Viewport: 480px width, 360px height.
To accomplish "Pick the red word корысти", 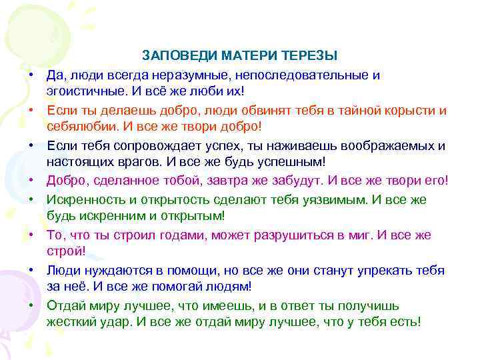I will click(x=413, y=110).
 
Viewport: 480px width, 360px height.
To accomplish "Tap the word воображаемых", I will click(x=383, y=145).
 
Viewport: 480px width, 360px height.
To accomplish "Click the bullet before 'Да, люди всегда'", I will click(x=32, y=75).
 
